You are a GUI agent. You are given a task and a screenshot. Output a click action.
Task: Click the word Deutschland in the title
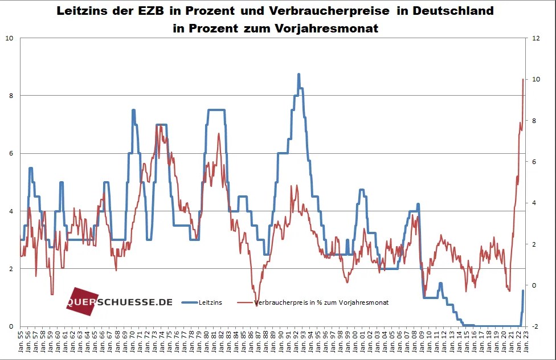(452, 11)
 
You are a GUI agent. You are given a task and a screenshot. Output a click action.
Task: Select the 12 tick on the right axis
(536, 38)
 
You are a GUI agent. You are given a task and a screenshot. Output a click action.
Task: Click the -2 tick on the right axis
(535, 326)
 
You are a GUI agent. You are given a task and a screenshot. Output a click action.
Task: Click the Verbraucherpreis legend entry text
(322, 302)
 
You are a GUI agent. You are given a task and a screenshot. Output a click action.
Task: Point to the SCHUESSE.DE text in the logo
(136, 301)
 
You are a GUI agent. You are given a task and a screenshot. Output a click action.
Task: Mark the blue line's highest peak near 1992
(299, 74)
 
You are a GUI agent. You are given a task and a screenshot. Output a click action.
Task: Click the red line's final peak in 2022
(523, 79)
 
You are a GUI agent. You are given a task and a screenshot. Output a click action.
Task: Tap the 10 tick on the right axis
(536, 79)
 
